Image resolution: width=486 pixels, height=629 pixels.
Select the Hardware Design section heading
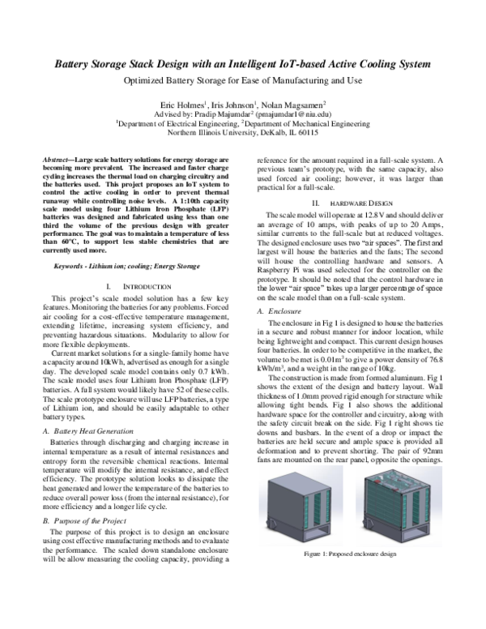[x=356, y=199]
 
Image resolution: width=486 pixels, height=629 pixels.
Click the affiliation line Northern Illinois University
[x=242, y=134]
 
